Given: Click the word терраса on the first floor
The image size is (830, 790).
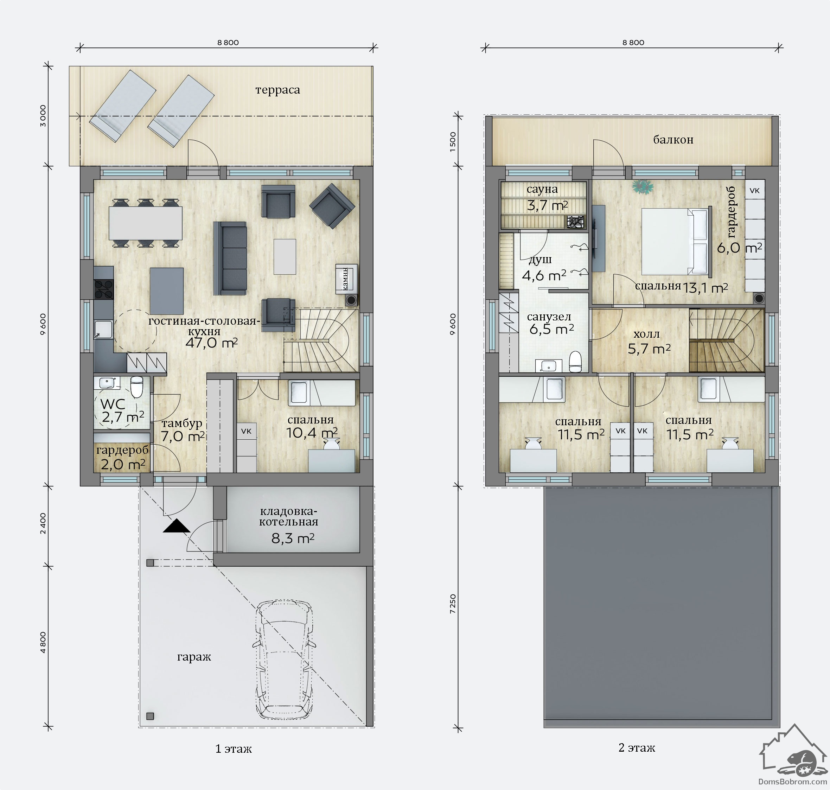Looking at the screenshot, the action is pos(277,90).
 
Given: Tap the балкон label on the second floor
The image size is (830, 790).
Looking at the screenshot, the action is pos(673,140).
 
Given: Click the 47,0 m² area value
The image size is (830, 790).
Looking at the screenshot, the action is pos(211,343).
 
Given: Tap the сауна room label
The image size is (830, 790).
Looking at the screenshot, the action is pos(542,190).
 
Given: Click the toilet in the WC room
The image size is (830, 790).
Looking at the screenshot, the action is pos(137,387).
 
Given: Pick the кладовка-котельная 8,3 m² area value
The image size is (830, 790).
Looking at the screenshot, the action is pos(293,538).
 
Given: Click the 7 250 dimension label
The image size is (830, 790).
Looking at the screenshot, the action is pos(453,604).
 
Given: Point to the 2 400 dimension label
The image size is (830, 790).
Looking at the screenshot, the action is pos(43,523).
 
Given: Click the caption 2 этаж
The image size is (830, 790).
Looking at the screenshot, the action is pos(637,748).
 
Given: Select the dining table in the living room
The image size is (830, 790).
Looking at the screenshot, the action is pos(146,223).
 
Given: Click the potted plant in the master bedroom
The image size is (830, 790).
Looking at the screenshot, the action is pos(643,186).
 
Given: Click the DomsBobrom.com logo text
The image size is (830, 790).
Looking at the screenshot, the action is pos(792,782).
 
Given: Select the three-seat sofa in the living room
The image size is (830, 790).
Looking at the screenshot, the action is pos(230,258).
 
